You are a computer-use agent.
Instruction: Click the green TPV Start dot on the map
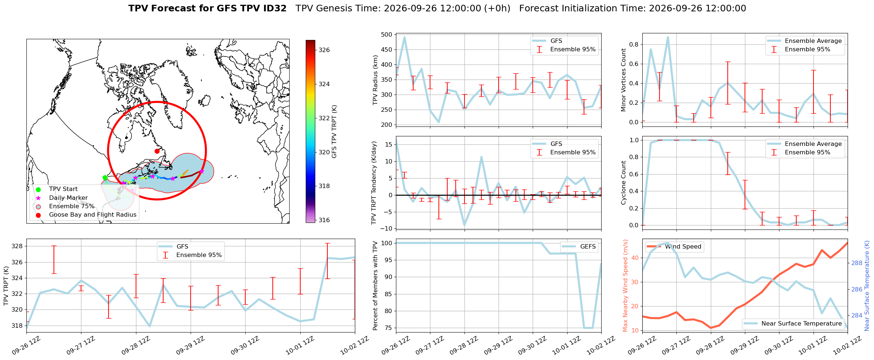click(x=105, y=177)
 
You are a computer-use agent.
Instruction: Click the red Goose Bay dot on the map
click(x=157, y=151)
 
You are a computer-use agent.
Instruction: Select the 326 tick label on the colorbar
click(x=324, y=50)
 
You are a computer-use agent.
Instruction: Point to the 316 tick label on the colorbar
click(x=324, y=220)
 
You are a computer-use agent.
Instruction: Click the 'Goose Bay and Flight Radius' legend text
click(x=93, y=215)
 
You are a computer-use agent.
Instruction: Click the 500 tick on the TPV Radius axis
click(x=387, y=35)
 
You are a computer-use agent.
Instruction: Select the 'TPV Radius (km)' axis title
click(x=375, y=80)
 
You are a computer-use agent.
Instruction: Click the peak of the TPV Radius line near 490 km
click(x=404, y=37)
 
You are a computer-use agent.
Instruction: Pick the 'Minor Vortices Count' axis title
click(x=623, y=80)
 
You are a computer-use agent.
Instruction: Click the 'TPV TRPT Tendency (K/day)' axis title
click(x=374, y=183)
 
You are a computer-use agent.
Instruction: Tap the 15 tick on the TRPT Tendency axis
click(x=389, y=144)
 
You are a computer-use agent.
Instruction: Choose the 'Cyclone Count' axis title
click(x=623, y=183)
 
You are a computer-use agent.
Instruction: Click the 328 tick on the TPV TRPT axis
click(x=17, y=246)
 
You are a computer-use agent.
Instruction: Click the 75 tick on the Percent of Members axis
click(x=389, y=328)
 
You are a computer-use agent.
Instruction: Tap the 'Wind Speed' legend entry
click(x=675, y=247)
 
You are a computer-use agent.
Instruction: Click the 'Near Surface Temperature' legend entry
click(x=793, y=324)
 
